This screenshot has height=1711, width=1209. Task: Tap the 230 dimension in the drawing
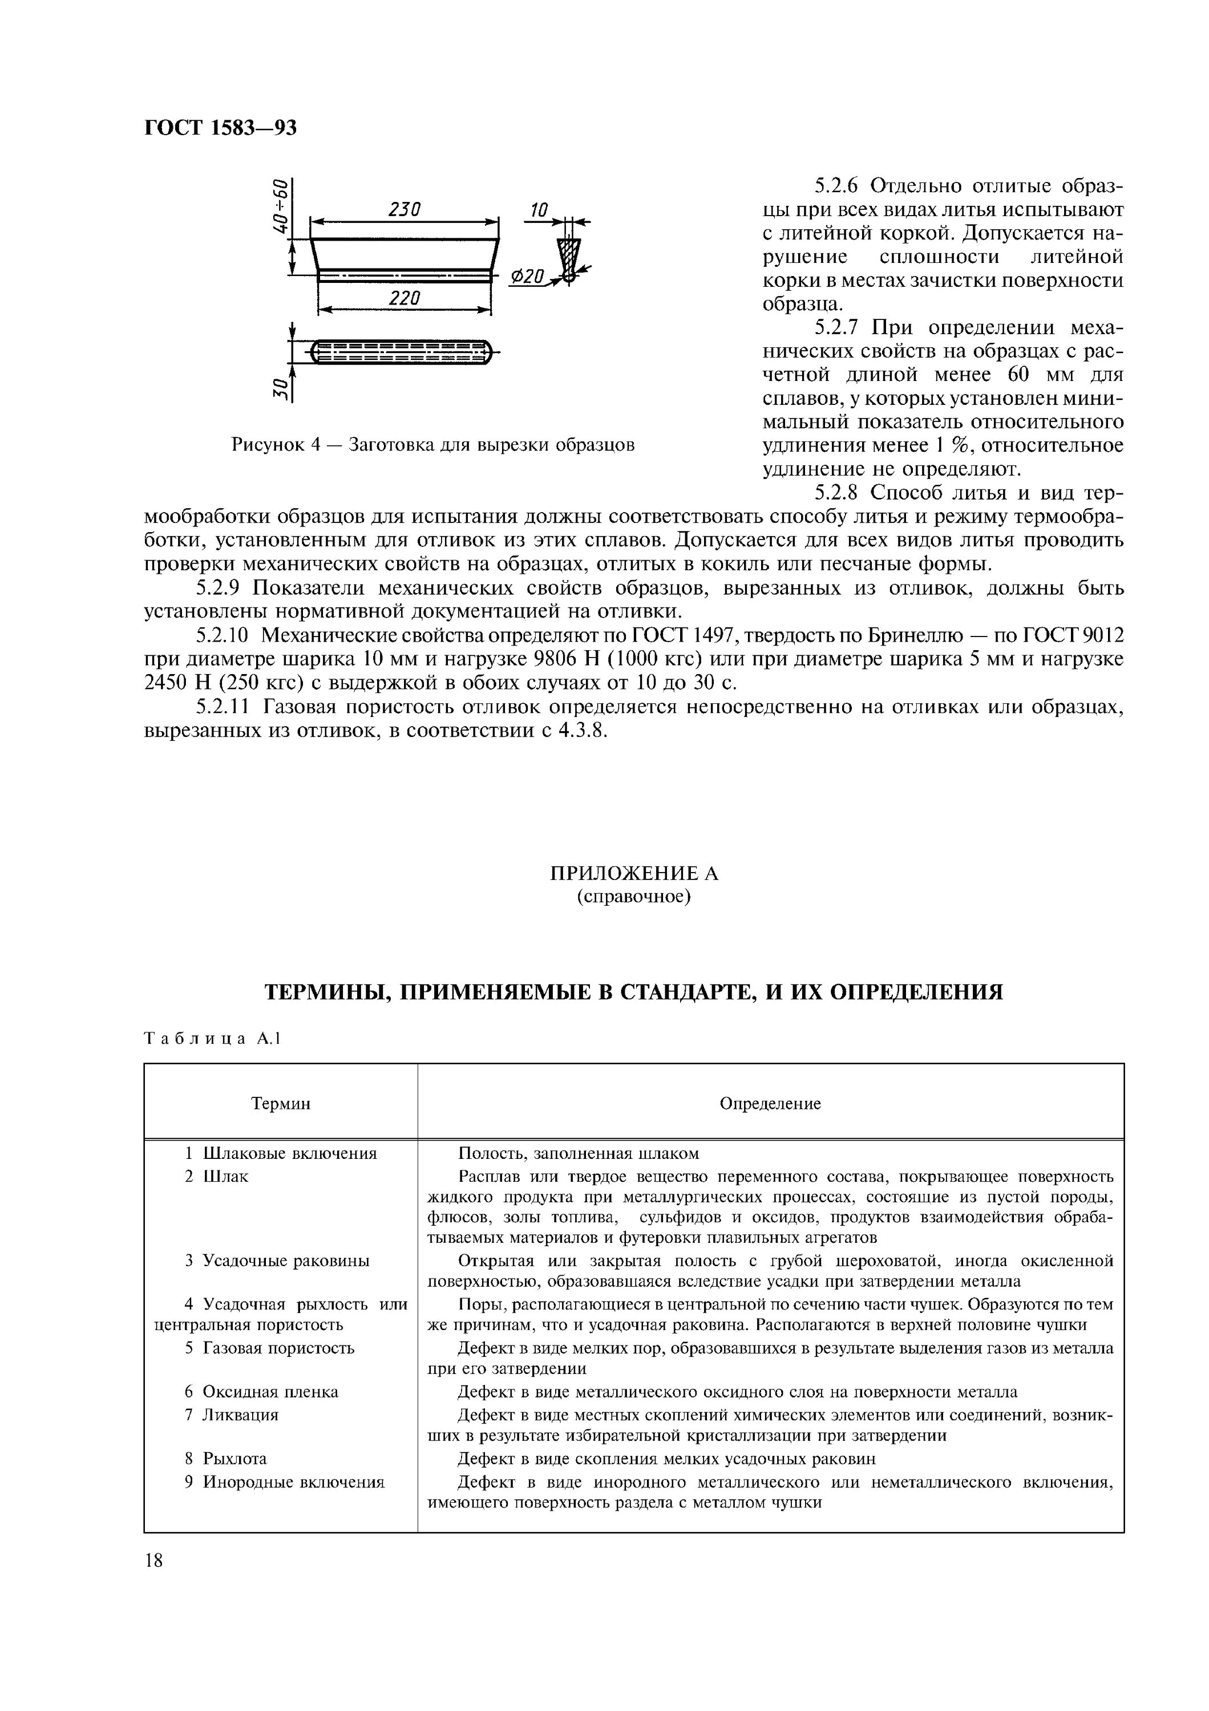(x=405, y=209)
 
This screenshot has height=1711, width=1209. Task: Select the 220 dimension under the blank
(x=405, y=298)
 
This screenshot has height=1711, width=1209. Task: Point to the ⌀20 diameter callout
(x=528, y=277)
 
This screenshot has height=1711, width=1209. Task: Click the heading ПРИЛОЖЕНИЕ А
(x=633, y=873)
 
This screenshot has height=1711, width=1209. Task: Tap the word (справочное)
(x=633, y=897)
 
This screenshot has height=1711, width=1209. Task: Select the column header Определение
(x=770, y=1104)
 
